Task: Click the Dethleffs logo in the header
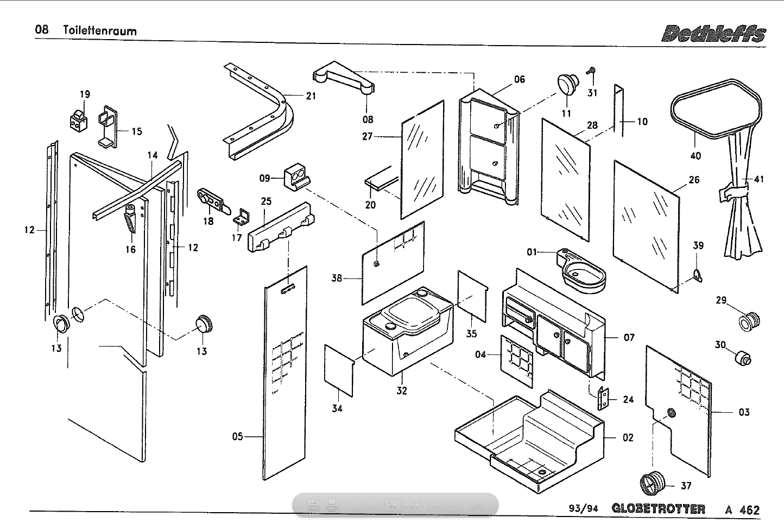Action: coord(713,33)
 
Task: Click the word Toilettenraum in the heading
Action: coord(99,30)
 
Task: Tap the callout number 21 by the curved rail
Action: coord(311,96)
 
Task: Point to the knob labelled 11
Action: coord(568,84)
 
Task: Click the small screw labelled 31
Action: coord(591,71)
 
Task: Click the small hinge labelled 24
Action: coord(602,398)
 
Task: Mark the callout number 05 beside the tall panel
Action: coord(237,436)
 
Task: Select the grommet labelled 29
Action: coord(749,321)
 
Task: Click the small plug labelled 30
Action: coord(743,358)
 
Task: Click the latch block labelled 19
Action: coord(79,119)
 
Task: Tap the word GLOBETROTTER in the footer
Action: coord(658,508)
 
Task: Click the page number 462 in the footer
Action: coord(749,509)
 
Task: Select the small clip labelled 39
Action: coord(698,276)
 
